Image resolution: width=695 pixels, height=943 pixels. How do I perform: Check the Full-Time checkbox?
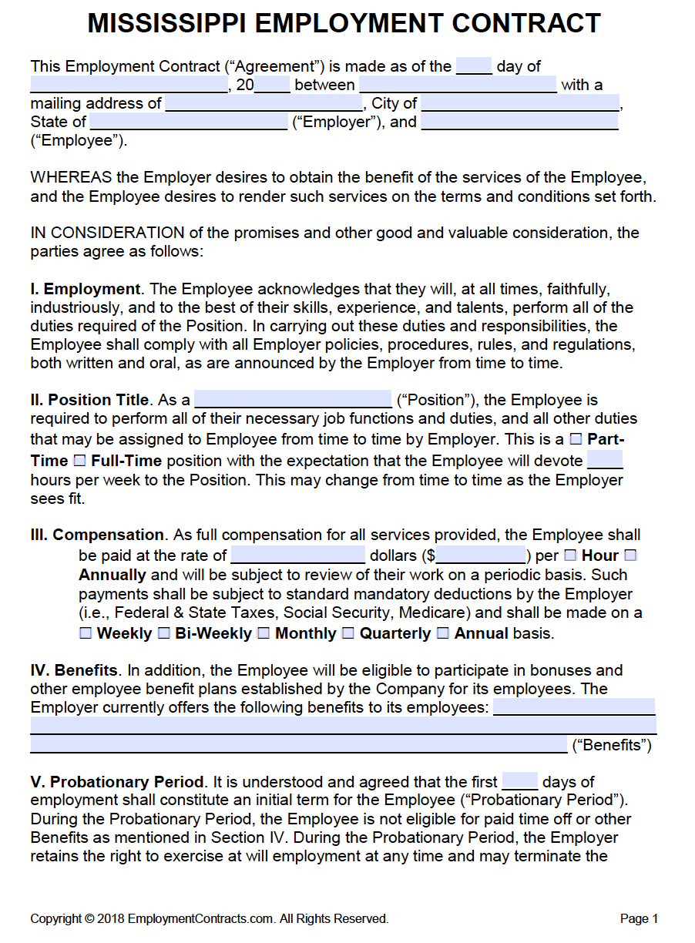tap(79, 461)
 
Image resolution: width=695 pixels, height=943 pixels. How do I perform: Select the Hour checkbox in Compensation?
tap(570, 555)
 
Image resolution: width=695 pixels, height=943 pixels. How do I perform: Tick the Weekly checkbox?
tap(86, 633)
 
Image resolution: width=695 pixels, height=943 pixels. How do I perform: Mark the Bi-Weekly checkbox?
tap(164, 633)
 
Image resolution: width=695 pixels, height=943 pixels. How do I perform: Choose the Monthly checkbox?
tap(264, 633)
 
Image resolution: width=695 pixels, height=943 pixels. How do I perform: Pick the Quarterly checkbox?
tap(348, 633)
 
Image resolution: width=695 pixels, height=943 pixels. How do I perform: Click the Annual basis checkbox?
tap(443, 633)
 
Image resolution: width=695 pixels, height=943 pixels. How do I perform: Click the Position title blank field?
tap(293, 399)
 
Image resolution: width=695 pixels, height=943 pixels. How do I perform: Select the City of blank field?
tap(520, 103)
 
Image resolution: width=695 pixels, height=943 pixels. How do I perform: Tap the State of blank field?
tap(189, 122)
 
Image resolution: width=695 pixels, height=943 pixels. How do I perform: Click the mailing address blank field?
tap(264, 103)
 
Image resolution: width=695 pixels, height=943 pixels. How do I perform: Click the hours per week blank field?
tap(605, 461)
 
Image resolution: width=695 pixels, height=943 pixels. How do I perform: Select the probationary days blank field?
tap(520, 781)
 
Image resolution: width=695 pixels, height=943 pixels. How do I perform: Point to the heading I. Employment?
tap(86, 290)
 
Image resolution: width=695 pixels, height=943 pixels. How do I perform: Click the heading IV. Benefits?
tap(75, 670)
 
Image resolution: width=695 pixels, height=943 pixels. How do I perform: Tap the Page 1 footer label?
tap(639, 918)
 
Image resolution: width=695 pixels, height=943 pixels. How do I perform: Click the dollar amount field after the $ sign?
tap(481, 555)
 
